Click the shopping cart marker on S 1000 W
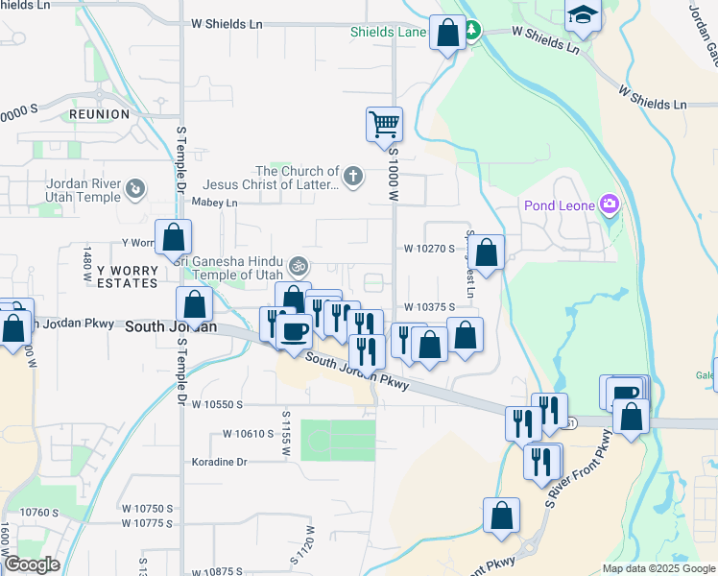point(384,123)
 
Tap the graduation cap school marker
point(582,16)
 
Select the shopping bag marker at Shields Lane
point(447,33)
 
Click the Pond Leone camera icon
point(609,204)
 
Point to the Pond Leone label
point(560,205)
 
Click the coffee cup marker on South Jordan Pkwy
point(294,332)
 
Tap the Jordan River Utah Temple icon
point(135,190)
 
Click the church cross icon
point(353,176)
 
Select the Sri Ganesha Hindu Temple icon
point(299,264)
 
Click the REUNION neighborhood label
point(99,114)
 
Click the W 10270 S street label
point(428,248)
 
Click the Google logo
point(31,564)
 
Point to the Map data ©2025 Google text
point(658,568)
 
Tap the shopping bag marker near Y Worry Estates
point(174,237)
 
